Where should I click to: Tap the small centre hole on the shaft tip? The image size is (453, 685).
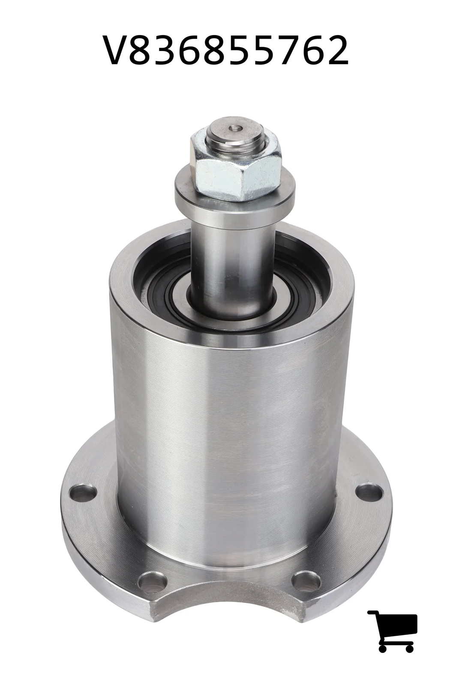(x=236, y=128)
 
